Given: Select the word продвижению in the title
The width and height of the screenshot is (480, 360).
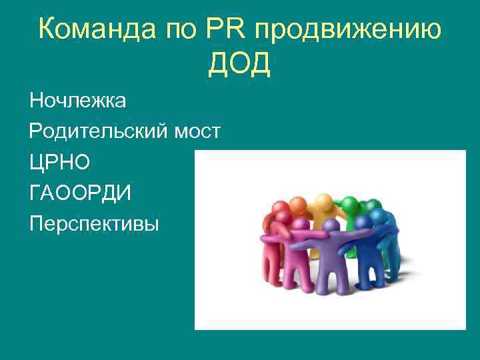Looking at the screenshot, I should (x=347, y=31).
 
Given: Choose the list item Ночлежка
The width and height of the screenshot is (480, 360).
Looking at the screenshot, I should (x=77, y=101).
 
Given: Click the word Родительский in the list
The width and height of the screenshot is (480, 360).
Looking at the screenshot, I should (x=97, y=132).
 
